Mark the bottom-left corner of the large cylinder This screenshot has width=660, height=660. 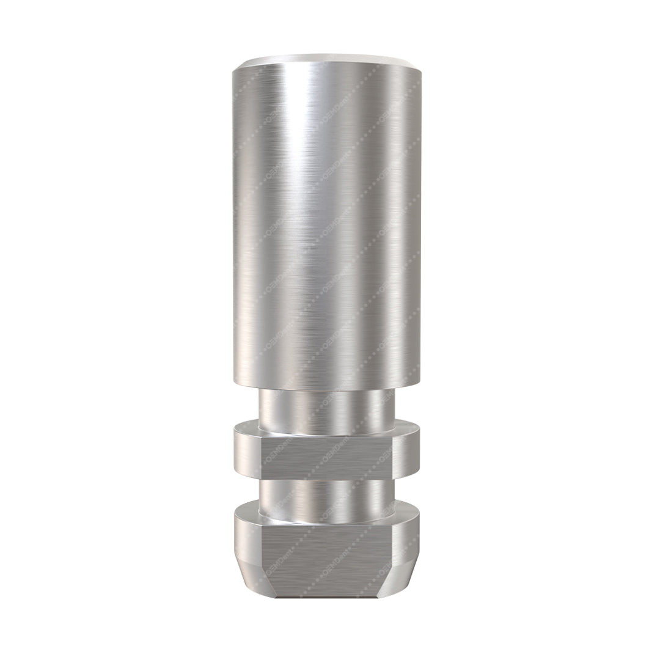pos(234,381)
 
